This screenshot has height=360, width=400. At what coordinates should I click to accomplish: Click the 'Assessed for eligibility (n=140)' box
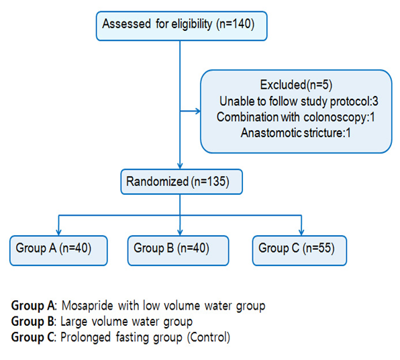(x=181, y=26)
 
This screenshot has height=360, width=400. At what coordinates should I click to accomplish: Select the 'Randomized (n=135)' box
(x=181, y=181)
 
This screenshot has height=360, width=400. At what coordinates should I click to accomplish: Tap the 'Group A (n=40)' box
(x=58, y=251)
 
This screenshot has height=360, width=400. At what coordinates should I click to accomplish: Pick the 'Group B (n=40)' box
(x=178, y=251)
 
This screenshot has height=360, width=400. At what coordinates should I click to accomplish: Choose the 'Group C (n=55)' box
(x=299, y=251)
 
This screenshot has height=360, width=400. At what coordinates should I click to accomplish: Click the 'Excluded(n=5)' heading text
(x=296, y=85)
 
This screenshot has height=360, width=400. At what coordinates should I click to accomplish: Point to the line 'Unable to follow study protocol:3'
(x=299, y=101)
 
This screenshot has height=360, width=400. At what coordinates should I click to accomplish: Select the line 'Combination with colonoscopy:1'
(x=296, y=117)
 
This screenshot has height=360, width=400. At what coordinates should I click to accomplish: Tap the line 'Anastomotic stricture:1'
(x=296, y=133)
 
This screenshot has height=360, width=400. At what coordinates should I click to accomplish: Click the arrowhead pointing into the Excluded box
(x=198, y=111)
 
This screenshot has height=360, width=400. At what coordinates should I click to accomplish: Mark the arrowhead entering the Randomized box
(x=180, y=166)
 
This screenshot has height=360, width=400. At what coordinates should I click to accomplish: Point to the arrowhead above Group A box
(x=58, y=232)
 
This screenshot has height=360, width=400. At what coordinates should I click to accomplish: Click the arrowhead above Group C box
(x=301, y=232)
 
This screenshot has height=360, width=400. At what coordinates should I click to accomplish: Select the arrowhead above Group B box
(x=180, y=232)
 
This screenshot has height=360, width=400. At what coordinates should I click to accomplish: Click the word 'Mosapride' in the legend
(x=87, y=306)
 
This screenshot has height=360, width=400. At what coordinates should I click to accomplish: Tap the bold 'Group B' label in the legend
(x=32, y=322)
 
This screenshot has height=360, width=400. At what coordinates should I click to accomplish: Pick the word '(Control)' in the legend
(x=209, y=337)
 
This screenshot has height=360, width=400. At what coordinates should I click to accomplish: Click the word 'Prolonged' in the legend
(x=85, y=338)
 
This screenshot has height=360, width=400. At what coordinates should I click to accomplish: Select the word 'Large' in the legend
(x=74, y=322)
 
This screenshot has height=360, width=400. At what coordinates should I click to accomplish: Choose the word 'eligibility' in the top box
(x=191, y=24)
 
